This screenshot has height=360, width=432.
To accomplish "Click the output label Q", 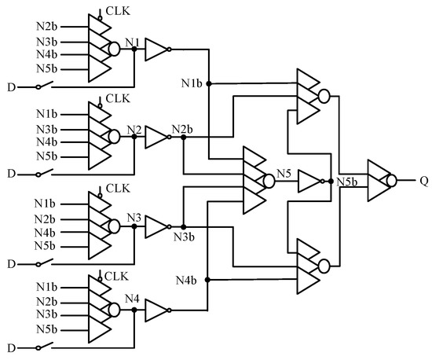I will pos(424,179).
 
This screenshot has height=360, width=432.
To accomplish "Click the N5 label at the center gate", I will pos(285,172).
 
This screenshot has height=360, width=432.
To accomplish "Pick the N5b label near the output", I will pos(346,182).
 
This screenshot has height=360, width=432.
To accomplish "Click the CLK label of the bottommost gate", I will pos(115,275).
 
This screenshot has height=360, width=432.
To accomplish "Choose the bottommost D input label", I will pos(12,348).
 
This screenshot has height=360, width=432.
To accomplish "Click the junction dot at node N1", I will pos(134,49).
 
